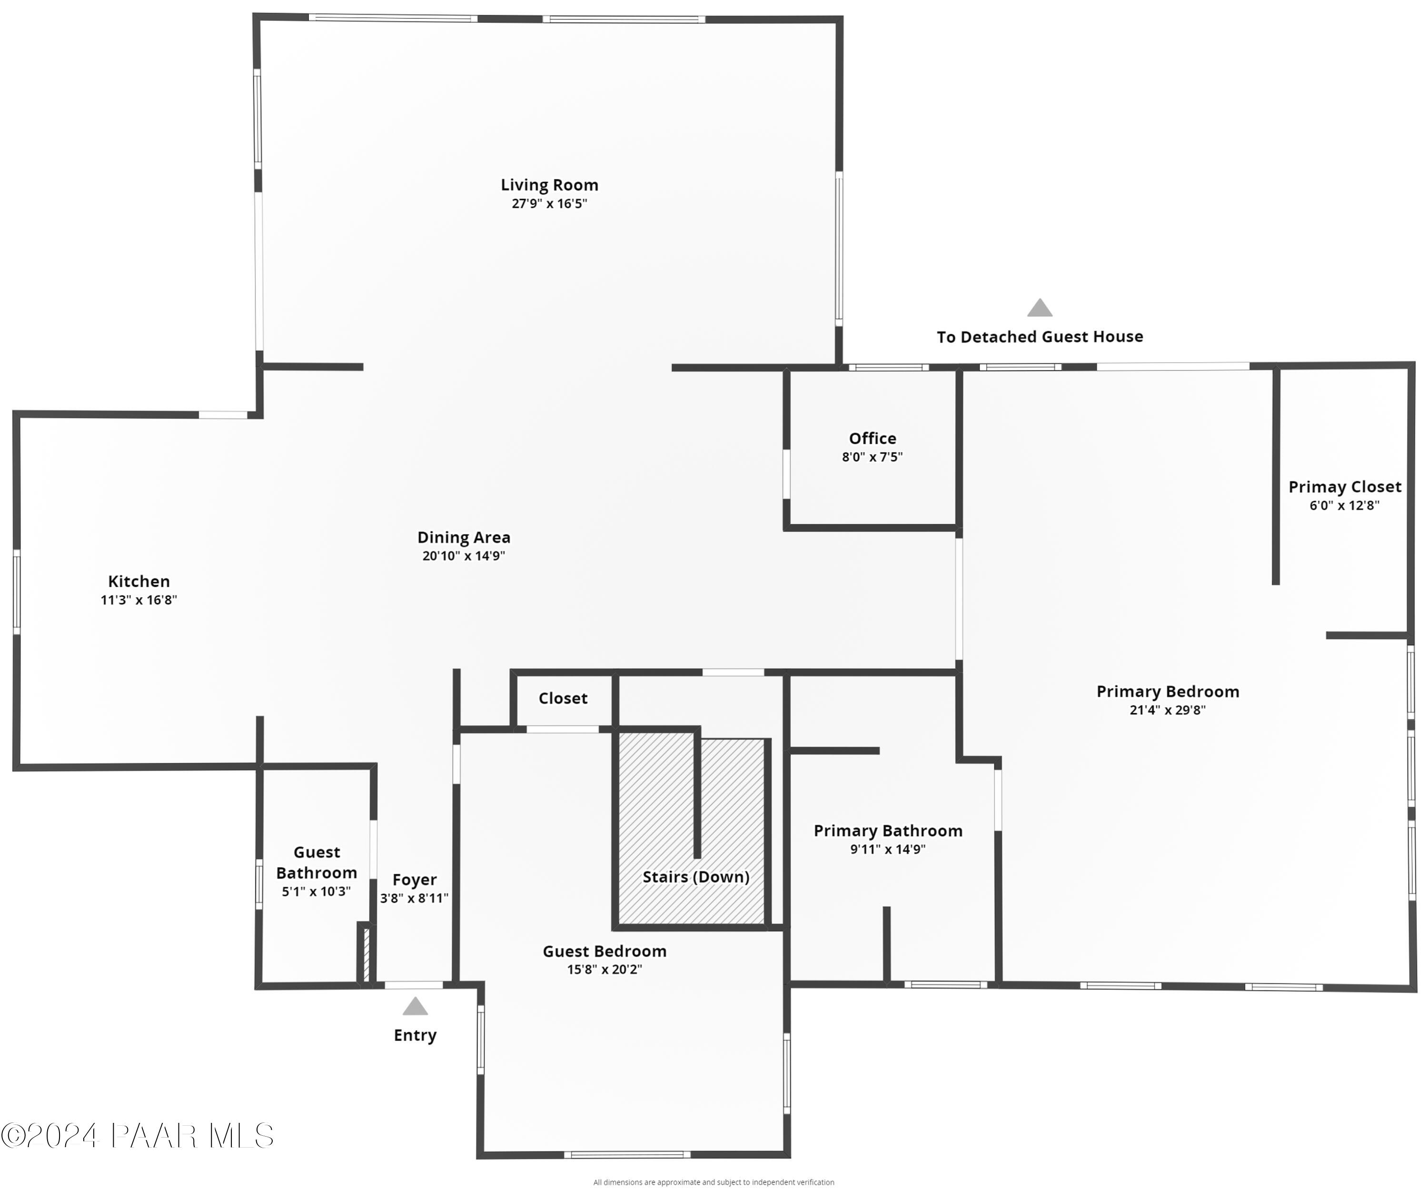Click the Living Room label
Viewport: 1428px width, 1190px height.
549,185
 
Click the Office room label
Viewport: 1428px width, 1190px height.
873,438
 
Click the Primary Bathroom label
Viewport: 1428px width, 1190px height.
888,831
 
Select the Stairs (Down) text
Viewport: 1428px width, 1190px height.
695,877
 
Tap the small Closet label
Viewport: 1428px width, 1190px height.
563,698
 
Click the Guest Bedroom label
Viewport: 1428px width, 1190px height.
605,952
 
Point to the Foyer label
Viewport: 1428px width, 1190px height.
414,880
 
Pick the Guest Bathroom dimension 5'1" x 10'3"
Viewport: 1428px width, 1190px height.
316,892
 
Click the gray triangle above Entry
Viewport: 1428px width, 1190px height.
415,1006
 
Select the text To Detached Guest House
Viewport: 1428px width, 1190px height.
1040,337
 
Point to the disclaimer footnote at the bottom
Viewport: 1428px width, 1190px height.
714,1182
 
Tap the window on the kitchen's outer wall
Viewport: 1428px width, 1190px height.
17,592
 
